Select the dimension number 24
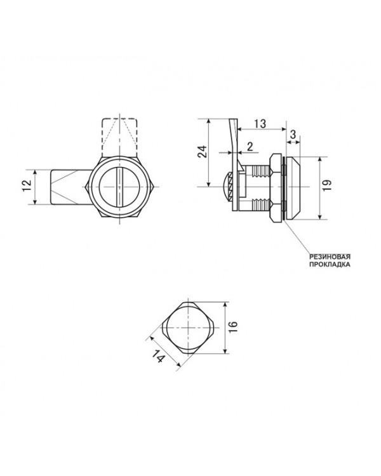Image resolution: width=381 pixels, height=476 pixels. pos(203,152)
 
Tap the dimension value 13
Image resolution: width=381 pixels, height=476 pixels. pos(260,124)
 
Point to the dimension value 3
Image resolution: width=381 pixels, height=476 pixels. pos(293,135)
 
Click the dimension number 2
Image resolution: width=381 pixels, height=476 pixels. pos(250,147)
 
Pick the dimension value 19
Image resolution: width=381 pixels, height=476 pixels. pos(327,185)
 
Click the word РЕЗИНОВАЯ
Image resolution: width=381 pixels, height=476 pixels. pos(330,257)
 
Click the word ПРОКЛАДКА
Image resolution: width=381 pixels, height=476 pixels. pos(330,265)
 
